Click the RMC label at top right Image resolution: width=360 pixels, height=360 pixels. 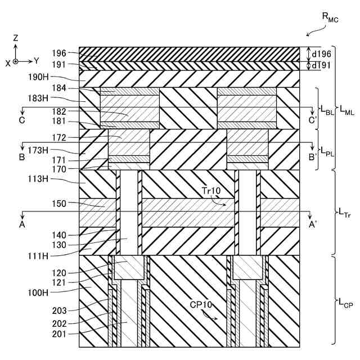point(330,17)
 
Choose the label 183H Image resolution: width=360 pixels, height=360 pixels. point(60,99)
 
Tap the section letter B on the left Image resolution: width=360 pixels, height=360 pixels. point(22,157)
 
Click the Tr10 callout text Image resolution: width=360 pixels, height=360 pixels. point(212,191)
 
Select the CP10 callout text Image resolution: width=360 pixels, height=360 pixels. point(200,304)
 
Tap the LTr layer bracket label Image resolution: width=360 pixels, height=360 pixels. point(345,212)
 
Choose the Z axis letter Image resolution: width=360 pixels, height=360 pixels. point(16,38)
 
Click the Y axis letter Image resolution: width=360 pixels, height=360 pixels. point(36,60)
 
